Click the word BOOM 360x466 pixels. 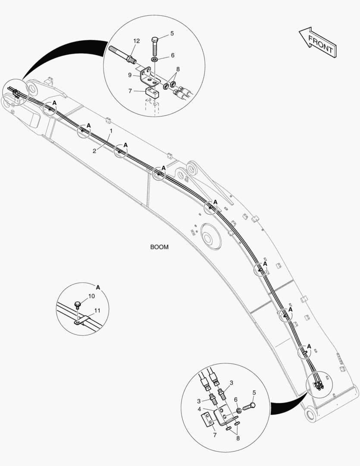click(x=159, y=247)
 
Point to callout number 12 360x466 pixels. click(x=136, y=41)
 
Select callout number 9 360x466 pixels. click(x=129, y=74)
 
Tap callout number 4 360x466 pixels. click(x=199, y=409)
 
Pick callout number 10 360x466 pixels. click(x=91, y=296)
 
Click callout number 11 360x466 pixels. click(x=97, y=310)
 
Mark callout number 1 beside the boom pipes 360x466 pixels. click(x=111, y=130)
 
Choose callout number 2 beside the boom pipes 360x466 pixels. click(x=94, y=151)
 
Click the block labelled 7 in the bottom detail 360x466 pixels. click(x=208, y=419)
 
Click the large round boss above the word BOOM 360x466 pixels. click(x=211, y=238)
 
